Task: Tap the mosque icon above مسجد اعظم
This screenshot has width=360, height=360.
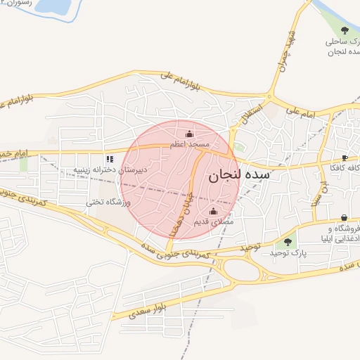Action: coord(188,134)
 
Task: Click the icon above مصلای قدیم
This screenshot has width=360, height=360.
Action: coord(214,211)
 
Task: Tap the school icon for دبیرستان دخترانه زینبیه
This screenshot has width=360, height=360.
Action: coord(109,159)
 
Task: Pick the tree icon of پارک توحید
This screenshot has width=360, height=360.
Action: coord(287,242)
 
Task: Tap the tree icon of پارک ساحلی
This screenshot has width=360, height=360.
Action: coord(345,30)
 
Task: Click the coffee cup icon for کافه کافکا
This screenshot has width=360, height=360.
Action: coord(345,157)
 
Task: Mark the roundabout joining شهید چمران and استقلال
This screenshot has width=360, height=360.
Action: coord(269,98)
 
